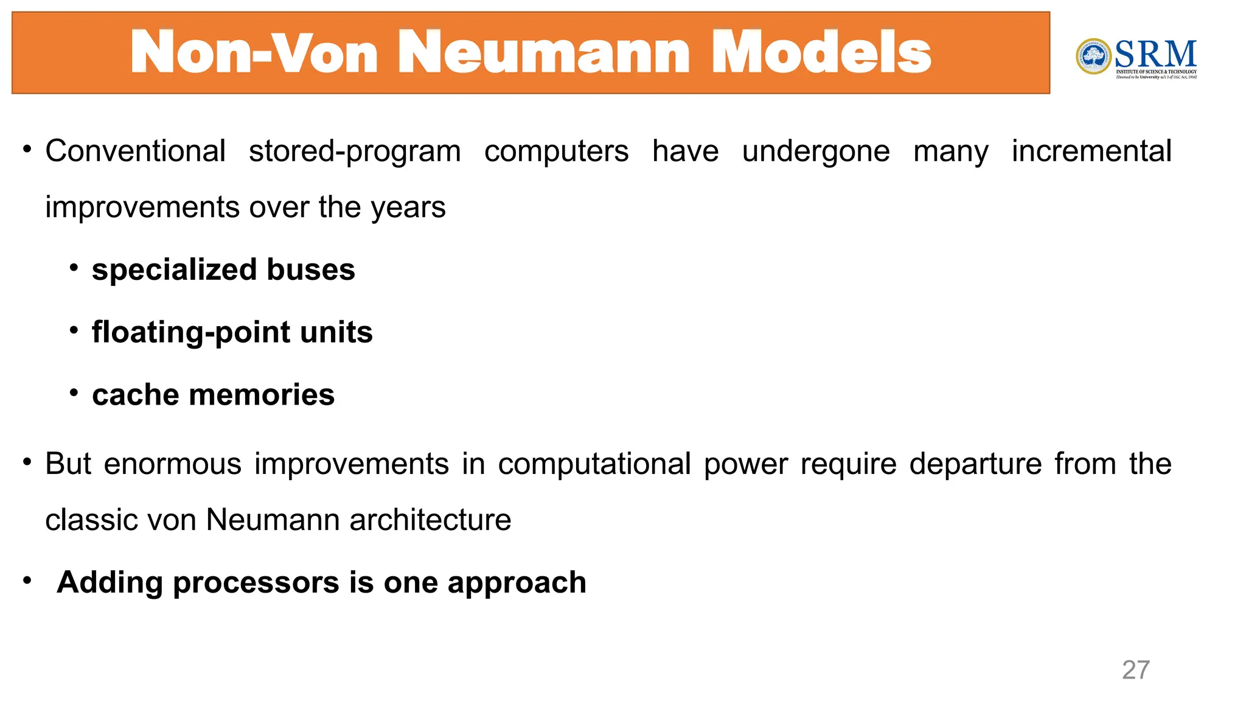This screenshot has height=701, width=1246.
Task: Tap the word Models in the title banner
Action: click(821, 53)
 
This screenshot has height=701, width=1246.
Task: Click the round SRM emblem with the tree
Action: click(1093, 57)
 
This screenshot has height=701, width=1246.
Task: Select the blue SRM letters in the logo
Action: click(1155, 54)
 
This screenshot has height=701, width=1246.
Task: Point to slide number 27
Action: click(1135, 670)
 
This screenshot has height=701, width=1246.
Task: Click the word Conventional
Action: click(135, 151)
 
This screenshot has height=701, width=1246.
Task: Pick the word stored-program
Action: click(355, 152)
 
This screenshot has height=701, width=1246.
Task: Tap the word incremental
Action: click(1091, 151)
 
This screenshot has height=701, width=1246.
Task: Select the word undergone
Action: click(815, 152)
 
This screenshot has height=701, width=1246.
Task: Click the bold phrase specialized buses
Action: click(223, 270)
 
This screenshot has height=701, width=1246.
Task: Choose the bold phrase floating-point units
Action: click(232, 332)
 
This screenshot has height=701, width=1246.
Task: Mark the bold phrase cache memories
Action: click(213, 395)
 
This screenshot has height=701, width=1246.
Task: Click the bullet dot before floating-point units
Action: click(74, 330)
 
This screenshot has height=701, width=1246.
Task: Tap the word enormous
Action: click(173, 464)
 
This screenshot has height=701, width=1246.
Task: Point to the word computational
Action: click(594, 464)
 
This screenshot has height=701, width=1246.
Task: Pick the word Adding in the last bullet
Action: click(109, 582)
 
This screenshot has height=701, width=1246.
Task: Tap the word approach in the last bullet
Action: click(517, 583)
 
